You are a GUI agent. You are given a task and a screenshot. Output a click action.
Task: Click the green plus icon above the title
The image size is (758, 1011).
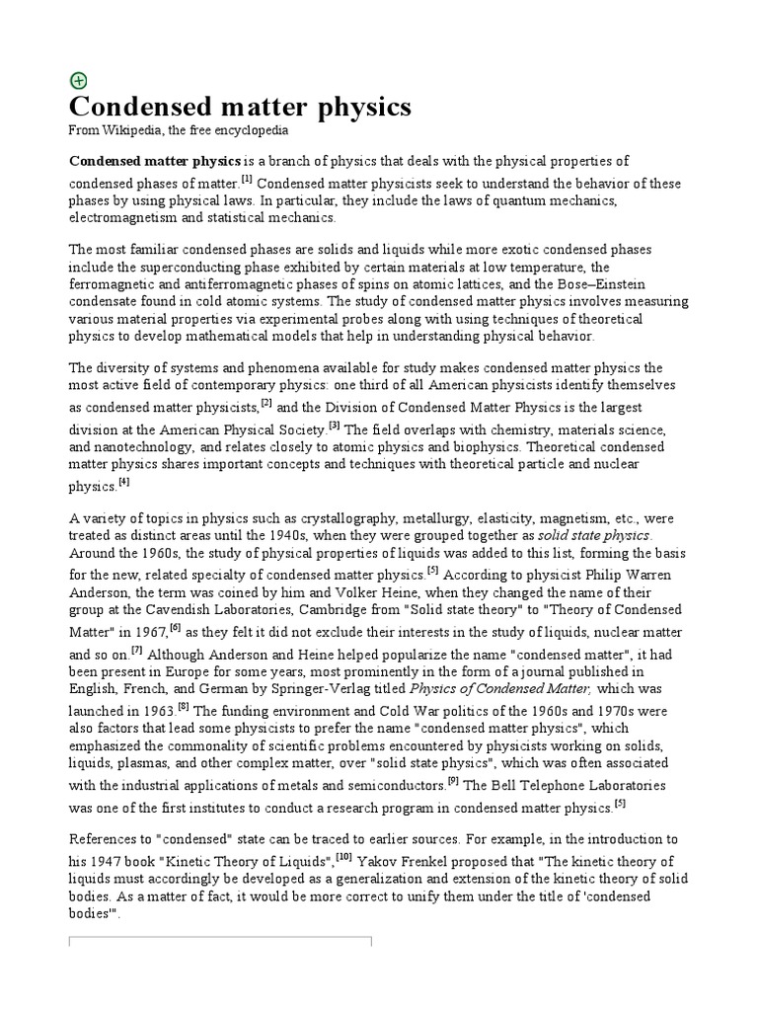click(78, 81)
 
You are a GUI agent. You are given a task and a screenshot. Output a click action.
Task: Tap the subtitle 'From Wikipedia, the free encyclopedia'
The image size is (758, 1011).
click(178, 131)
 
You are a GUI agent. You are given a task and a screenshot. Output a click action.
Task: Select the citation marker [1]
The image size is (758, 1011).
click(247, 180)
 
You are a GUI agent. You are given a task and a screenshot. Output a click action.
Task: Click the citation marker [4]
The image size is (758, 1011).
click(123, 482)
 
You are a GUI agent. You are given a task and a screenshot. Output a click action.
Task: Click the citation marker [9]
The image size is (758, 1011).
click(452, 781)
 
